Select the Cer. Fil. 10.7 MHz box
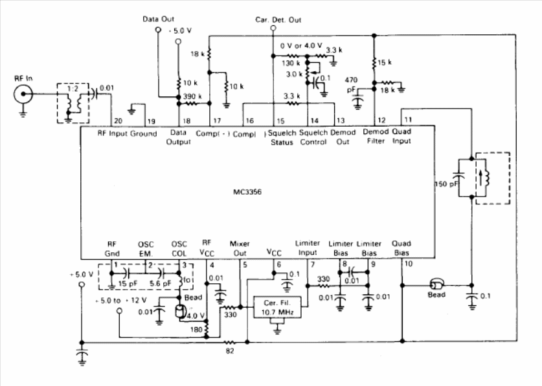(277, 307)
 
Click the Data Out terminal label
(159, 19)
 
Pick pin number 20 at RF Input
(117, 121)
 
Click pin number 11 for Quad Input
(407, 120)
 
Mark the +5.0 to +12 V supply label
(122, 301)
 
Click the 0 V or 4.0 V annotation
(299, 46)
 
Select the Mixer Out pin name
(240, 248)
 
